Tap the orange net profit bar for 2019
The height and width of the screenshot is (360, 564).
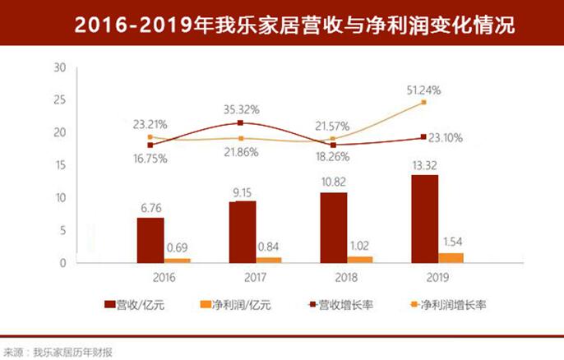[x=452, y=257]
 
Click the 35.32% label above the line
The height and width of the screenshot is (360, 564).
[x=242, y=107]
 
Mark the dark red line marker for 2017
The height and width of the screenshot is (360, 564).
[x=240, y=123]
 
